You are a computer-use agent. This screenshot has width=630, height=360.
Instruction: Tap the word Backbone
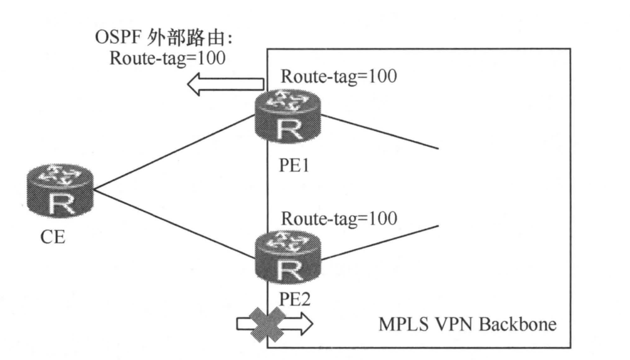(x=517, y=327)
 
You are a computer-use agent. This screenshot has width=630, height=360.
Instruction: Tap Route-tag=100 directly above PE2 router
(x=338, y=219)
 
